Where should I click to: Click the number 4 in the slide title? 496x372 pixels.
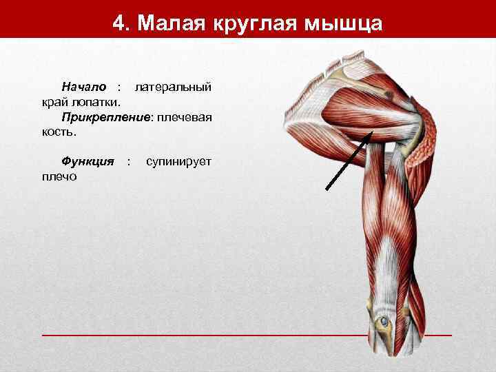(118, 23)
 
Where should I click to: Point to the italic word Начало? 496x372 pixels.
(84, 87)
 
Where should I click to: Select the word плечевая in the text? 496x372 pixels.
(184, 117)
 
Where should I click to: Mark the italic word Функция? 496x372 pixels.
(87, 161)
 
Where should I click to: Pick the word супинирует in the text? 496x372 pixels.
(178, 161)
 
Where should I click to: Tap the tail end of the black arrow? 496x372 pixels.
(326, 189)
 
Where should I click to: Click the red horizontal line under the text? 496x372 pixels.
(207, 335)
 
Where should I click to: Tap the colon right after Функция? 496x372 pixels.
(128, 161)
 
